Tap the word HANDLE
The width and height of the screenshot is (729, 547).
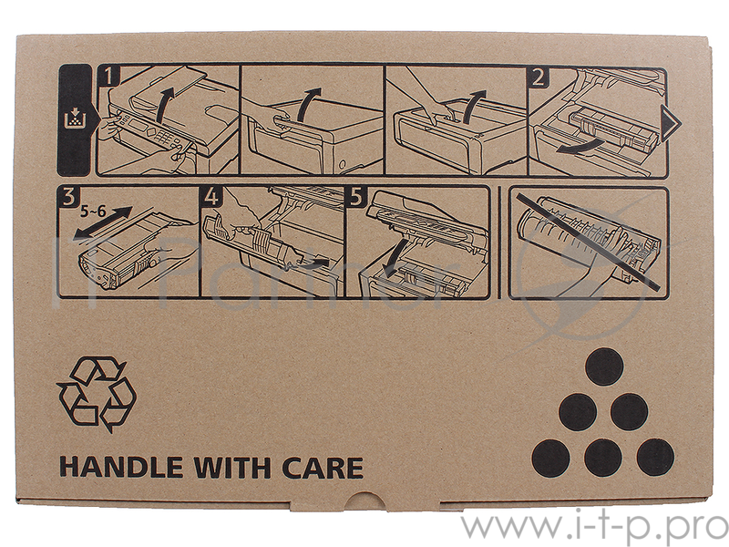click(x=121, y=468)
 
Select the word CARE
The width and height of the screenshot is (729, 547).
click(x=323, y=468)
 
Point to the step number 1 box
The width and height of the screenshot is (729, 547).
click(x=108, y=76)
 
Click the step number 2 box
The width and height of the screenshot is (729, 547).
click(x=539, y=77)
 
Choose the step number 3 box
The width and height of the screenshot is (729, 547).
click(x=68, y=196)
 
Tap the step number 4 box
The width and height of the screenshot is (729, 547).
click(x=211, y=196)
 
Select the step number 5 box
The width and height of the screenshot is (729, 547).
click(x=355, y=196)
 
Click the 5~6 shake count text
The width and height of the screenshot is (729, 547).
click(x=93, y=212)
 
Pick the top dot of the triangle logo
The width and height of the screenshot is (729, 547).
click(x=604, y=367)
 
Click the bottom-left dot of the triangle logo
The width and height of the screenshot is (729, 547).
click(x=551, y=459)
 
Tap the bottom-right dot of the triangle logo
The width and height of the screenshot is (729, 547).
click(x=655, y=458)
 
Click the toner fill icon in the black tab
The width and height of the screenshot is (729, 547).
click(x=75, y=119)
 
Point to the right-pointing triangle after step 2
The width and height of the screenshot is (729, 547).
click(x=670, y=123)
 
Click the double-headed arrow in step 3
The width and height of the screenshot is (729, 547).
click(x=103, y=223)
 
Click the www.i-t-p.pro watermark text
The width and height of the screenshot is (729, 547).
click(x=594, y=526)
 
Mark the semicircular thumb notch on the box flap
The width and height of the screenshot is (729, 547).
click(x=365, y=499)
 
